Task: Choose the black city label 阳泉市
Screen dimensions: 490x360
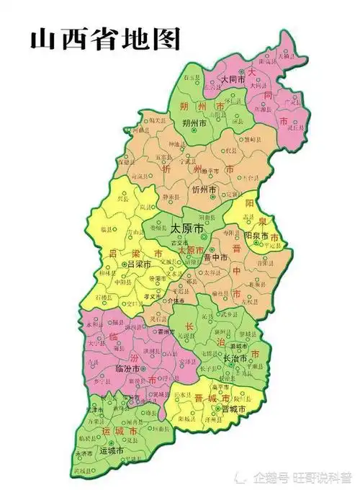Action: click(256, 236)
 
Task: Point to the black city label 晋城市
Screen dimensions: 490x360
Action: click(234, 408)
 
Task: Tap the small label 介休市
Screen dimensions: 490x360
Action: click(176, 301)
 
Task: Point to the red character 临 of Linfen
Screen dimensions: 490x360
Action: click(114, 335)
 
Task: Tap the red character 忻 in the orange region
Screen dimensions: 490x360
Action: click(167, 170)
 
